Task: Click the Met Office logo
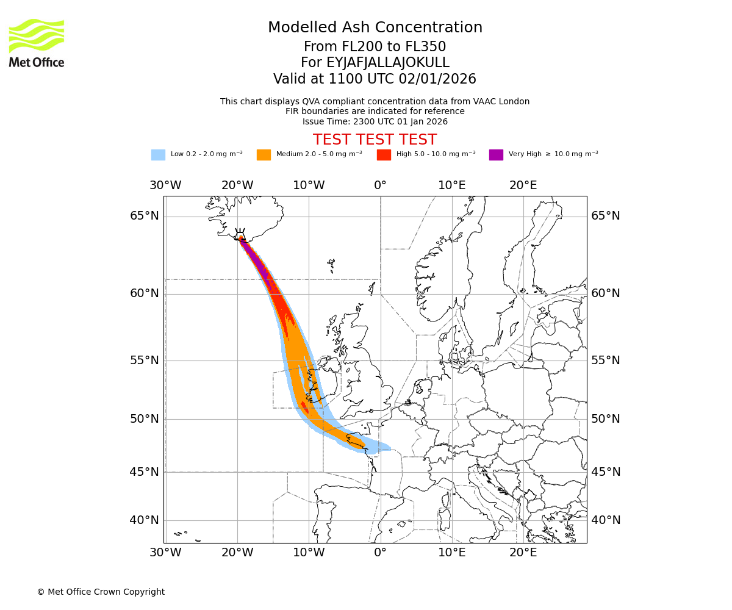37,43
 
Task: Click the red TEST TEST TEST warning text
375,140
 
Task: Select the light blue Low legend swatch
158,154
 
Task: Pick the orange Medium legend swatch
264,154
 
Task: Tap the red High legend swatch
384,154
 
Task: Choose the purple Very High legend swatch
496,154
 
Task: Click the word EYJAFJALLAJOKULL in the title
388,63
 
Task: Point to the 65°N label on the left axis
145,216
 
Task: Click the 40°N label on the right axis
605,520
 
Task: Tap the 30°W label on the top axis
165,185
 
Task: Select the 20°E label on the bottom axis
523,553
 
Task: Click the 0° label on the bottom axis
380,553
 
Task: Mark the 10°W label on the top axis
309,185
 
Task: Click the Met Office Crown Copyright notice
101,592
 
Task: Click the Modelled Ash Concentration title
375,27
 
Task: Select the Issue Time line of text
375,121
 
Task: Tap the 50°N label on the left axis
145,419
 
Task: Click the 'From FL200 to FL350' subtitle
375,47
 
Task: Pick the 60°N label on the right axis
605,293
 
